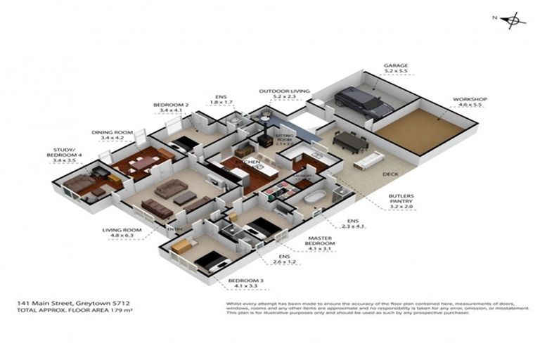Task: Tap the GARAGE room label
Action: click(395, 65)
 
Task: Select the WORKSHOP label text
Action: click(470, 100)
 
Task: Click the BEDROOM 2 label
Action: click(171, 105)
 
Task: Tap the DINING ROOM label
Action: click(112, 132)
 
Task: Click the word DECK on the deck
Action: click(390, 174)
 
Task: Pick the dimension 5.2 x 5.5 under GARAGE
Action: click(395, 72)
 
